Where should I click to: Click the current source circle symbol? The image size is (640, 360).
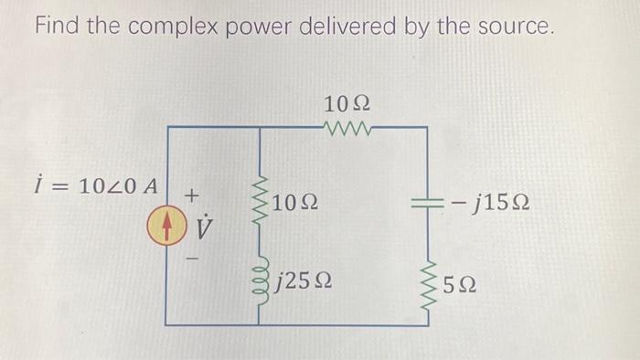pos(166,226)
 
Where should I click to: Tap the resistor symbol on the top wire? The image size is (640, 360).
pos(347,129)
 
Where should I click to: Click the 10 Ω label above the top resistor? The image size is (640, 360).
pos(347,101)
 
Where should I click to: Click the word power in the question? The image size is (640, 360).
pos(258,29)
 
